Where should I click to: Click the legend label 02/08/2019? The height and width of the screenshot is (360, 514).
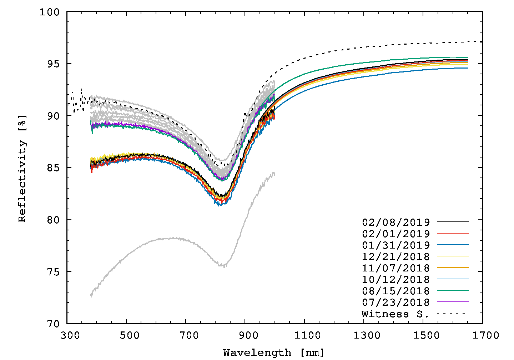[x=396, y=222]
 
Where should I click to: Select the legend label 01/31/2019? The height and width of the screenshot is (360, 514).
[x=396, y=245]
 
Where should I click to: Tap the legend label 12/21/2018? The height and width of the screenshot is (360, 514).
[x=396, y=256]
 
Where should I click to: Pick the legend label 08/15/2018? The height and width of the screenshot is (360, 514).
[x=396, y=291]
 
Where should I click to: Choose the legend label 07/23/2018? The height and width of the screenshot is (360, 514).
[x=396, y=302]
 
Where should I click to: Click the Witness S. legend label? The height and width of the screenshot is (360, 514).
[x=395, y=314]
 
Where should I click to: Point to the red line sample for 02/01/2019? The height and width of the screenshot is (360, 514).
[x=453, y=233]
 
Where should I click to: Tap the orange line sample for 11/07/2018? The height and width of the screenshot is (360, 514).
[x=453, y=267]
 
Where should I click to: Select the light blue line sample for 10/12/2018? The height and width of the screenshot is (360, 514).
[x=453, y=279]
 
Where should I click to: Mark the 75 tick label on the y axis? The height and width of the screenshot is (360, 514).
[x=53, y=271]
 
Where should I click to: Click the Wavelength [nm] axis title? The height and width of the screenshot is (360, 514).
[x=274, y=353]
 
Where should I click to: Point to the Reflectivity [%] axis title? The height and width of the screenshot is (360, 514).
[x=22, y=168]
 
